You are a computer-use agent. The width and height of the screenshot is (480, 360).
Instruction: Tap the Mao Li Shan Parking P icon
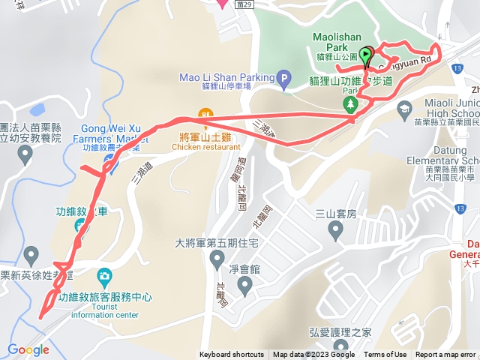click(283, 77)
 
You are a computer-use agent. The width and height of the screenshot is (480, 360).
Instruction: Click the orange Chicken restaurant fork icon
click(202, 115)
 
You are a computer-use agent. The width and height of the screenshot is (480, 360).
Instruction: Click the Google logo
click(28, 349)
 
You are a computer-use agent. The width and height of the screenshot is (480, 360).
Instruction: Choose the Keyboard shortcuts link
click(232, 355)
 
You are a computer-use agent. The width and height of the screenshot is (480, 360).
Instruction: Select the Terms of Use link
click(385, 355)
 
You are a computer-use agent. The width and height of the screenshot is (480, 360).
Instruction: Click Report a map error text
click(445, 355)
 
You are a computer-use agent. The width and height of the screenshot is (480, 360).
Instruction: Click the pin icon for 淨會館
click(244, 285)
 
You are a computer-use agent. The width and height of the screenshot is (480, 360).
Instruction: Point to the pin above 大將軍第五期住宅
click(217, 259)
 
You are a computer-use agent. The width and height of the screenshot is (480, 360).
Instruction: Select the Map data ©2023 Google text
click(313, 355)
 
